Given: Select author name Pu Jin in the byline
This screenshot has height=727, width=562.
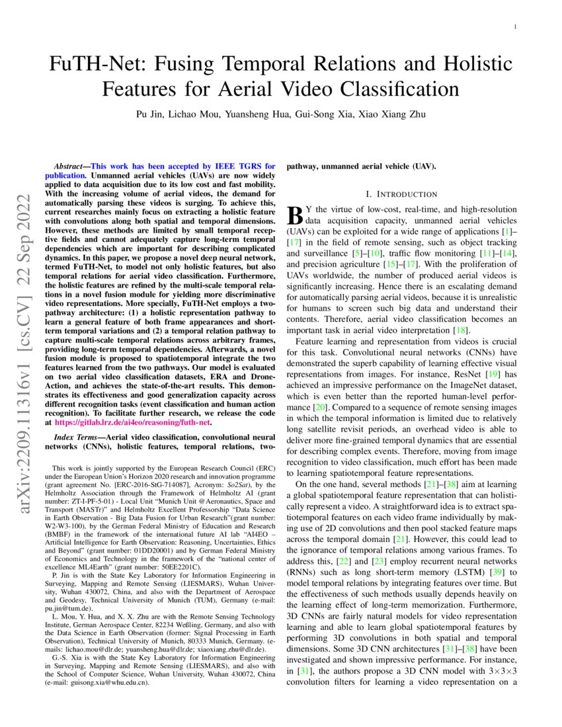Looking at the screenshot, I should click(x=150, y=114).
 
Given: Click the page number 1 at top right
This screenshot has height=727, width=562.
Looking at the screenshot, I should click(x=515, y=26).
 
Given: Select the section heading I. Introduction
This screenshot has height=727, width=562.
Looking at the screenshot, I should click(x=401, y=194).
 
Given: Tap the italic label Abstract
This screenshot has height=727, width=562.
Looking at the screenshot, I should click(x=69, y=166).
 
